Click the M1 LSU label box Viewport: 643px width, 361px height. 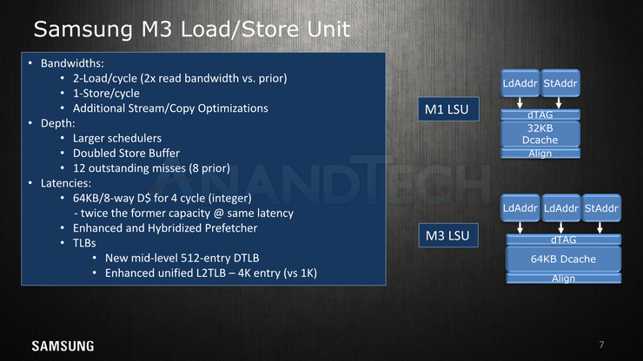[x=448, y=109]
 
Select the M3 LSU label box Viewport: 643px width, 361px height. [x=448, y=235]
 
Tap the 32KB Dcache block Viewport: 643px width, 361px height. [x=540, y=134]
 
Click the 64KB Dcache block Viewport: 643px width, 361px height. [x=563, y=259]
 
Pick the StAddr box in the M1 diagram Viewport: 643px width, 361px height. [x=560, y=83]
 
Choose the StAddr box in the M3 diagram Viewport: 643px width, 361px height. [x=601, y=208]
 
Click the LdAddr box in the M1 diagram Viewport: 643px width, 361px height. [x=520, y=83]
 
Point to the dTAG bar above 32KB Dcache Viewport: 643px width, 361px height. [x=540, y=115]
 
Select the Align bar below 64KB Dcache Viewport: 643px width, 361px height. [x=563, y=279]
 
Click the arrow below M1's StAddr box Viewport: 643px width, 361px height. [x=559, y=103]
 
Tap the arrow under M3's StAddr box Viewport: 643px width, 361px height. [x=600, y=228]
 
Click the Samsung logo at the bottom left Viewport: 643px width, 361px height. [x=63, y=346]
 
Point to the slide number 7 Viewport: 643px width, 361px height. [x=601, y=345]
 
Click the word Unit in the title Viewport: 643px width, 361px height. [x=328, y=30]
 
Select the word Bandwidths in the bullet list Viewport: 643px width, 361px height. [x=72, y=63]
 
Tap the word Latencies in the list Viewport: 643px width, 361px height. [x=66, y=183]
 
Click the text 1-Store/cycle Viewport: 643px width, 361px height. [x=106, y=94]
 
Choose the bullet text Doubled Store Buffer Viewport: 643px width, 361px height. [x=126, y=154]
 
